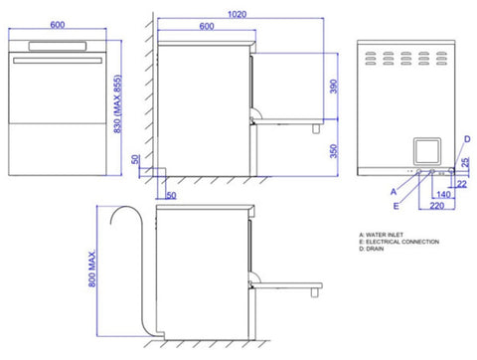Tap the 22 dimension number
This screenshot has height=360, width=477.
click(x=467, y=182)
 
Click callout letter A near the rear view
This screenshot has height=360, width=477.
click(x=393, y=188)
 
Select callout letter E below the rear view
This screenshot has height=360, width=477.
click(x=396, y=205)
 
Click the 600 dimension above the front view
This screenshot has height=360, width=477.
click(x=60, y=26)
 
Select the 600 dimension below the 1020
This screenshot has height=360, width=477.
click(x=205, y=27)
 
